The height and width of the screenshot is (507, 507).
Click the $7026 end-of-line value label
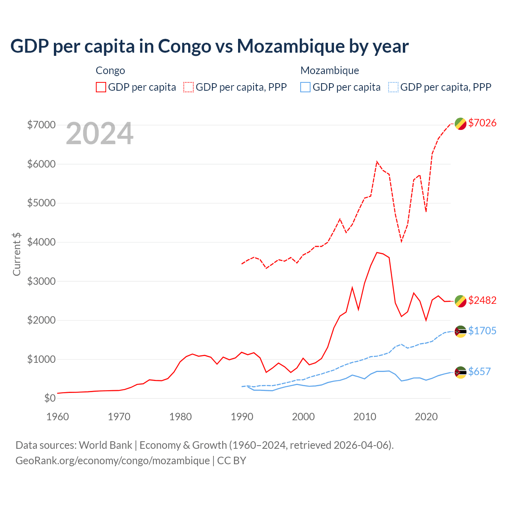click(482, 123)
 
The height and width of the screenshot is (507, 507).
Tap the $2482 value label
click(482, 300)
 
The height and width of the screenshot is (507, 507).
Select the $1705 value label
click(482, 331)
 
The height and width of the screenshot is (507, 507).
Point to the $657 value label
click(479, 372)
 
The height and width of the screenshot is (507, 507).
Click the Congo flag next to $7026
click(460, 124)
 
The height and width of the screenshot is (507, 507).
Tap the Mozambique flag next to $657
click(460, 372)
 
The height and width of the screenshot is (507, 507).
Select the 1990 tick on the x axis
click(242, 417)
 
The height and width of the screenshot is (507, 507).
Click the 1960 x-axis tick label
click(58, 417)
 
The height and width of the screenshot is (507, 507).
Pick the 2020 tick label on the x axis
click(426, 417)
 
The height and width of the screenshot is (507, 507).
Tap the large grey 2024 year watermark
click(99, 133)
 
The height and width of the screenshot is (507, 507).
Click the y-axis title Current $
click(17, 254)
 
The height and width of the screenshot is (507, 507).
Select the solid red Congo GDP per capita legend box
click(101, 87)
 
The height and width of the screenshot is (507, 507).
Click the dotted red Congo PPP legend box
click(189, 87)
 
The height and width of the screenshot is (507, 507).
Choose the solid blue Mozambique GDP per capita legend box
click(305, 87)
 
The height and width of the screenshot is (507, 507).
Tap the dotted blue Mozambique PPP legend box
click(393, 87)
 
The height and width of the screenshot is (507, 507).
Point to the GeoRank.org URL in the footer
click(112, 461)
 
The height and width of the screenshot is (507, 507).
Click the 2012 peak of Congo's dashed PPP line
click(377, 162)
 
